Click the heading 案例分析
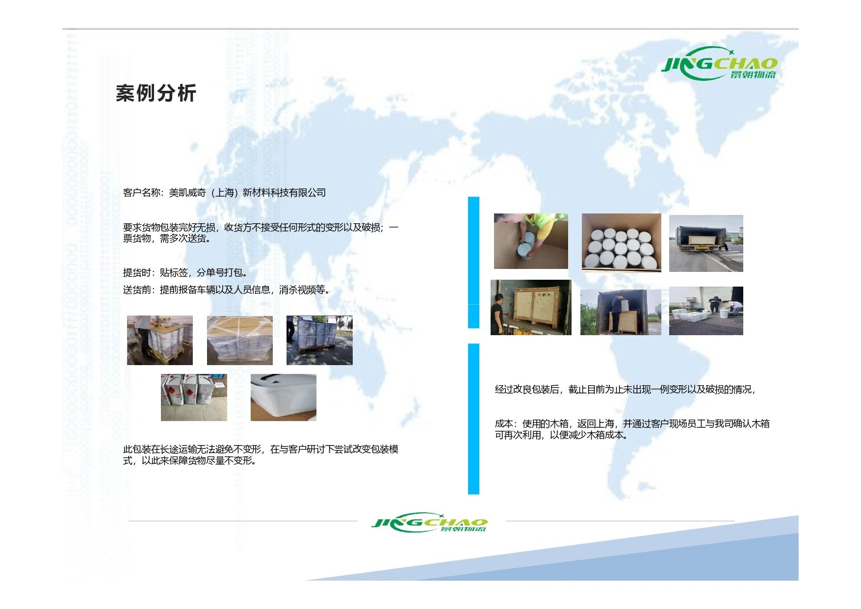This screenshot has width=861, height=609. coord(156,93)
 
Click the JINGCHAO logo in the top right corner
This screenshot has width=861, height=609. coord(720,63)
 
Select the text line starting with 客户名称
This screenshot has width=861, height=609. coord(224,193)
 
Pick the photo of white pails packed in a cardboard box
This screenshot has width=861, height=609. coord(621,242)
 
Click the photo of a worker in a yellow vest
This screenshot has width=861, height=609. coord(531,241)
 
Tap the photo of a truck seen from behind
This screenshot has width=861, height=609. coord(706,243)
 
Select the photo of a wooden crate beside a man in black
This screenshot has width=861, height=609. coord(531,308)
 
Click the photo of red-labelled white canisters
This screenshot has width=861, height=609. coord(194,397)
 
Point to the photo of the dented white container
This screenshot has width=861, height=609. coord(283,397)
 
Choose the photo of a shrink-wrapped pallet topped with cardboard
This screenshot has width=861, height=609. coord(239,341)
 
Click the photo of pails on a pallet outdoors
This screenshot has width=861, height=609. coord(319,341)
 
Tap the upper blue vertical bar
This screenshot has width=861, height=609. coord(473,263)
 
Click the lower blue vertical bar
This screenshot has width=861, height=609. coord(473,419)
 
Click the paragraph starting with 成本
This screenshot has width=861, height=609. coord(632,429)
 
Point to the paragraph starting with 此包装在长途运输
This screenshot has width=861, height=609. coord(261,455)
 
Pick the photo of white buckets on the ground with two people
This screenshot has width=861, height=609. coord(706,311)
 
